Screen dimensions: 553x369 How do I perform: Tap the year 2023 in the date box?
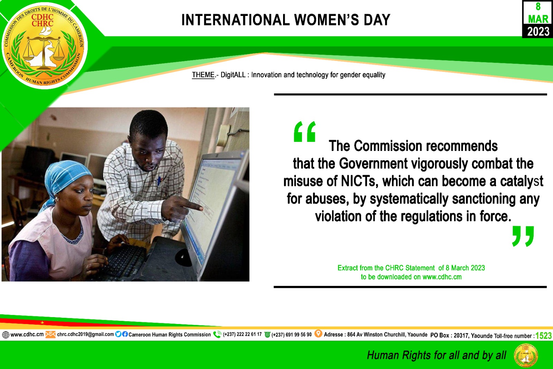(x=538, y=31)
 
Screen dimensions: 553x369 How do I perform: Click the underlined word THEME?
(x=203, y=75)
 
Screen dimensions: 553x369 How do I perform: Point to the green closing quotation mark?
(x=523, y=236)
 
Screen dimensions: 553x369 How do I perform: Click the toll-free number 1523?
(x=543, y=336)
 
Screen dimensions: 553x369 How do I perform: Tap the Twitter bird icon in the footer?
(x=118, y=334)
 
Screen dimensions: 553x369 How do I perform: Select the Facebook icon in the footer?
(x=125, y=334)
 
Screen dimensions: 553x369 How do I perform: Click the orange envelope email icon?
(x=50, y=334)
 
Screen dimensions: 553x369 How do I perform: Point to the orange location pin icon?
(x=318, y=334)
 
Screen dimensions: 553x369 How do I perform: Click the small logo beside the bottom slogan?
(x=526, y=355)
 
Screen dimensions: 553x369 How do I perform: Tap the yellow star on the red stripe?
(x=42, y=322)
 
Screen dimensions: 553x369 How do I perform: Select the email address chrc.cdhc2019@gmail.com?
(x=85, y=334)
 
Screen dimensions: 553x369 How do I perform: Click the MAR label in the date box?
(x=538, y=19)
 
